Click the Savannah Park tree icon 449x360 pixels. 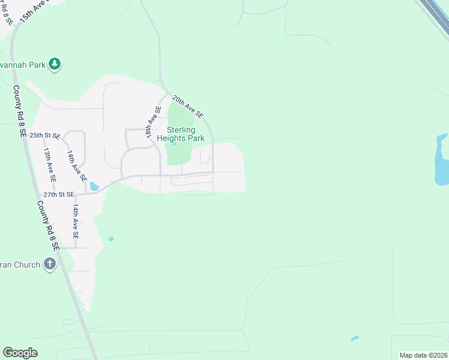55,64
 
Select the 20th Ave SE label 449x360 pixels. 187,106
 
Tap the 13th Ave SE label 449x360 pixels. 49,165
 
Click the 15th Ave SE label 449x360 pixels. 34,12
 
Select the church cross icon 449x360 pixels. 49,264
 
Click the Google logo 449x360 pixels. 20,353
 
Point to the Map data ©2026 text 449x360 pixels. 424,355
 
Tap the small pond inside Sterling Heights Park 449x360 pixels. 173,143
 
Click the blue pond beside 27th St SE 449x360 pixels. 94,187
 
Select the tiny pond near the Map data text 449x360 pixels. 354,338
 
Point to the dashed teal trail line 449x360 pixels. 306,36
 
